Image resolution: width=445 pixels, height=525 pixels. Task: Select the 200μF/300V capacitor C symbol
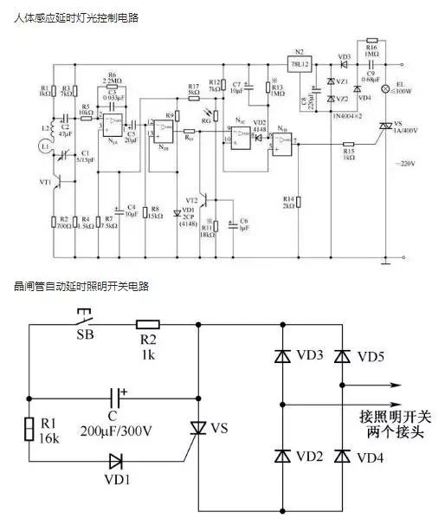(118, 399)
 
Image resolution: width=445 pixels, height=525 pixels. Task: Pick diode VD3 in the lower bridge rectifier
(283, 357)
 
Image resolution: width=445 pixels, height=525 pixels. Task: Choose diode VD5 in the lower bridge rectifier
(343, 357)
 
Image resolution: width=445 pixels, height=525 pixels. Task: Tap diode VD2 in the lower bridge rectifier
(283, 456)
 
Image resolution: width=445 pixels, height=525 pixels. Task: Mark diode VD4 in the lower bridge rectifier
(343, 456)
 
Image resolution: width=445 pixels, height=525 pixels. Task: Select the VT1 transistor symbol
(55, 183)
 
